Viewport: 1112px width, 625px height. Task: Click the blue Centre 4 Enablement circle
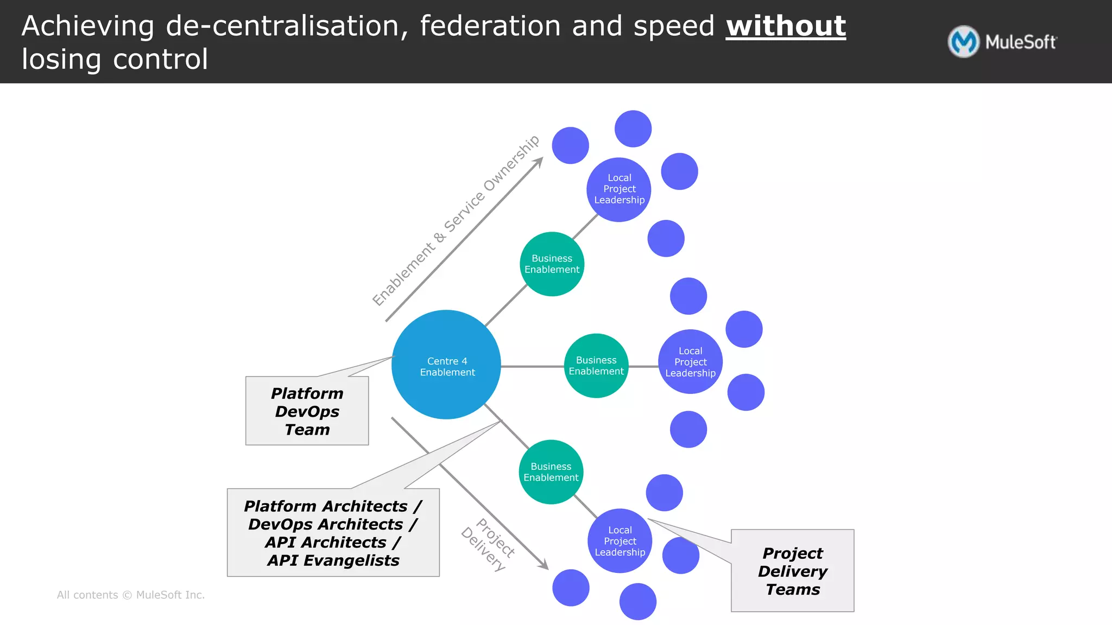[x=446, y=365]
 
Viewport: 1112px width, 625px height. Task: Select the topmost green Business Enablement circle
[x=552, y=264]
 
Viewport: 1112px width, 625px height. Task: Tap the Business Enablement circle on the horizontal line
[x=596, y=366]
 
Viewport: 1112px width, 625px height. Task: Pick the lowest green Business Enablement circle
[x=551, y=472]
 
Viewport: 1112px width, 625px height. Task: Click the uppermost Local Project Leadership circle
[x=619, y=189]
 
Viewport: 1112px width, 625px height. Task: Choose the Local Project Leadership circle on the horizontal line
[x=690, y=362]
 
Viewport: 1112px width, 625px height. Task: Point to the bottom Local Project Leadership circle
[x=620, y=541]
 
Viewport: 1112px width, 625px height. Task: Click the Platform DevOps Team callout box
[x=307, y=411]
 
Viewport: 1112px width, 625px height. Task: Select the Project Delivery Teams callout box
[x=792, y=571]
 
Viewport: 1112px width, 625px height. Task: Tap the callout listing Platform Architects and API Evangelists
[x=333, y=533]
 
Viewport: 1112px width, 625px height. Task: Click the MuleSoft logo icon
[x=964, y=42]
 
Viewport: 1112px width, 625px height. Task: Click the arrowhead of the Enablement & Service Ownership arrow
[x=539, y=162]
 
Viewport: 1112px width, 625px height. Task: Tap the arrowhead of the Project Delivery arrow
[x=544, y=565]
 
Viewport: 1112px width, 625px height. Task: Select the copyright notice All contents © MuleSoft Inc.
[x=131, y=595]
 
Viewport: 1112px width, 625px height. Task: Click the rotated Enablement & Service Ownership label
[x=456, y=220]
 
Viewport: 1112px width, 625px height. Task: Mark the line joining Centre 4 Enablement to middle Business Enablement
[x=532, y=367]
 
